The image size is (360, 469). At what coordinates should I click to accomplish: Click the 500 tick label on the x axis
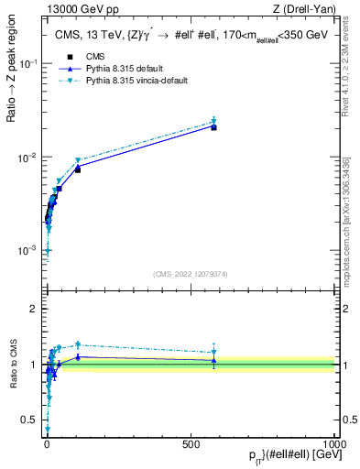(191, 442)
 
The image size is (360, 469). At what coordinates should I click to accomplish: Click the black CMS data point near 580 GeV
(213, 127)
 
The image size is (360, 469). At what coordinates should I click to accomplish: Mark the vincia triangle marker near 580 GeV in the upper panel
(213, 121)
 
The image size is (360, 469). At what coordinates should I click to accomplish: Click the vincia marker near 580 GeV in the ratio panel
(213, 352)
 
